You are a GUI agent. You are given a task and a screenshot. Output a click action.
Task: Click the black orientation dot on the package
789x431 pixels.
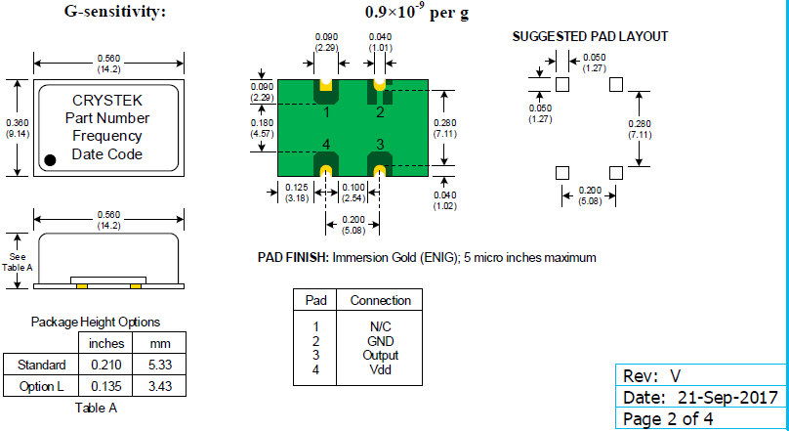point(51,158)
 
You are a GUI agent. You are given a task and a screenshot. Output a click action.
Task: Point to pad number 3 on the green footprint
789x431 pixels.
point(380,145)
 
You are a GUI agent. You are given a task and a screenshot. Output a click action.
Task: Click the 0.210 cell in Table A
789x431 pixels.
point(104,365)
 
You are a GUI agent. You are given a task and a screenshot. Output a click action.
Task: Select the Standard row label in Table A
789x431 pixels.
point(40,365)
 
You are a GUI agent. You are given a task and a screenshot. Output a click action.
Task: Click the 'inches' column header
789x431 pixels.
point(106,343)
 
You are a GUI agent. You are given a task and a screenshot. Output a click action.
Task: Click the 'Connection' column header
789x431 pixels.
point(380,300)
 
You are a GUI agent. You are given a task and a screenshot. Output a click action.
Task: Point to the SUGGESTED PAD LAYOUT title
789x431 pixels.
point(590,36)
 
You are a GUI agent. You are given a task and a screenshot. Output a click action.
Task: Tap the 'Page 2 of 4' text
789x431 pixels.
point(668,418)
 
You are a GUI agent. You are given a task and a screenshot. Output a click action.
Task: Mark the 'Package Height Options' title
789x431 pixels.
point(96,322)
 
